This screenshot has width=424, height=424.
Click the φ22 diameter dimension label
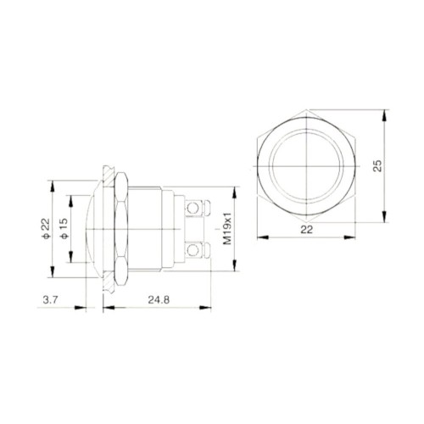tap(46, 228)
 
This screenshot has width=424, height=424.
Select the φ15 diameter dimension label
tap(64, 228)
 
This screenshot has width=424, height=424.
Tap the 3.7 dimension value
tap(50, 300)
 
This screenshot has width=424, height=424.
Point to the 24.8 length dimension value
tap(159, 300)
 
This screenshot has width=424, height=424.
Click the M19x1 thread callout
tap(227, 228)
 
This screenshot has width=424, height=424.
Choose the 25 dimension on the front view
tap(377, 166)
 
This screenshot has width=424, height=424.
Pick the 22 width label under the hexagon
tap(307, 230)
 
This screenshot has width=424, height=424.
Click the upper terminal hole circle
tap(192, 209)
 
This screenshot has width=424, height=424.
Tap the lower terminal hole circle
tap(192, 250)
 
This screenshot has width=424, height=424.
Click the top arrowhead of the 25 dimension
tap(384, 115)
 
